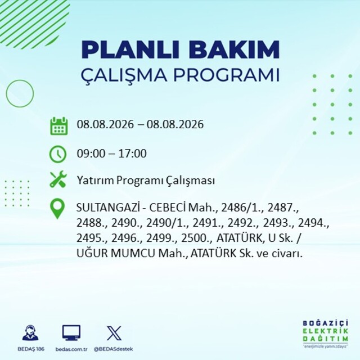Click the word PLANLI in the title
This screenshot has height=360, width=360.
point(130,49)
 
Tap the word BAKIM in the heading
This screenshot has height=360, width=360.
point(234,49)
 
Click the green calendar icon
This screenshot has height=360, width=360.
point(59,126)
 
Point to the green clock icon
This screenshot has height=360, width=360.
point(58,154)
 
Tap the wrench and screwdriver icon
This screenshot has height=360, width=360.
point(58,179)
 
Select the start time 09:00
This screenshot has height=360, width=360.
point(91,154)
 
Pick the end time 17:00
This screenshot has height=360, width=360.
point(133,154)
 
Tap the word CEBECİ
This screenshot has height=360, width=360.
point(168,208)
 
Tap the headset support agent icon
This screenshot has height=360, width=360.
point(30,332)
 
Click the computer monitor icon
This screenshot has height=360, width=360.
point(71,333)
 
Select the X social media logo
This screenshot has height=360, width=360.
point(114,333)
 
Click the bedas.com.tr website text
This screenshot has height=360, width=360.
point(71,349)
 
